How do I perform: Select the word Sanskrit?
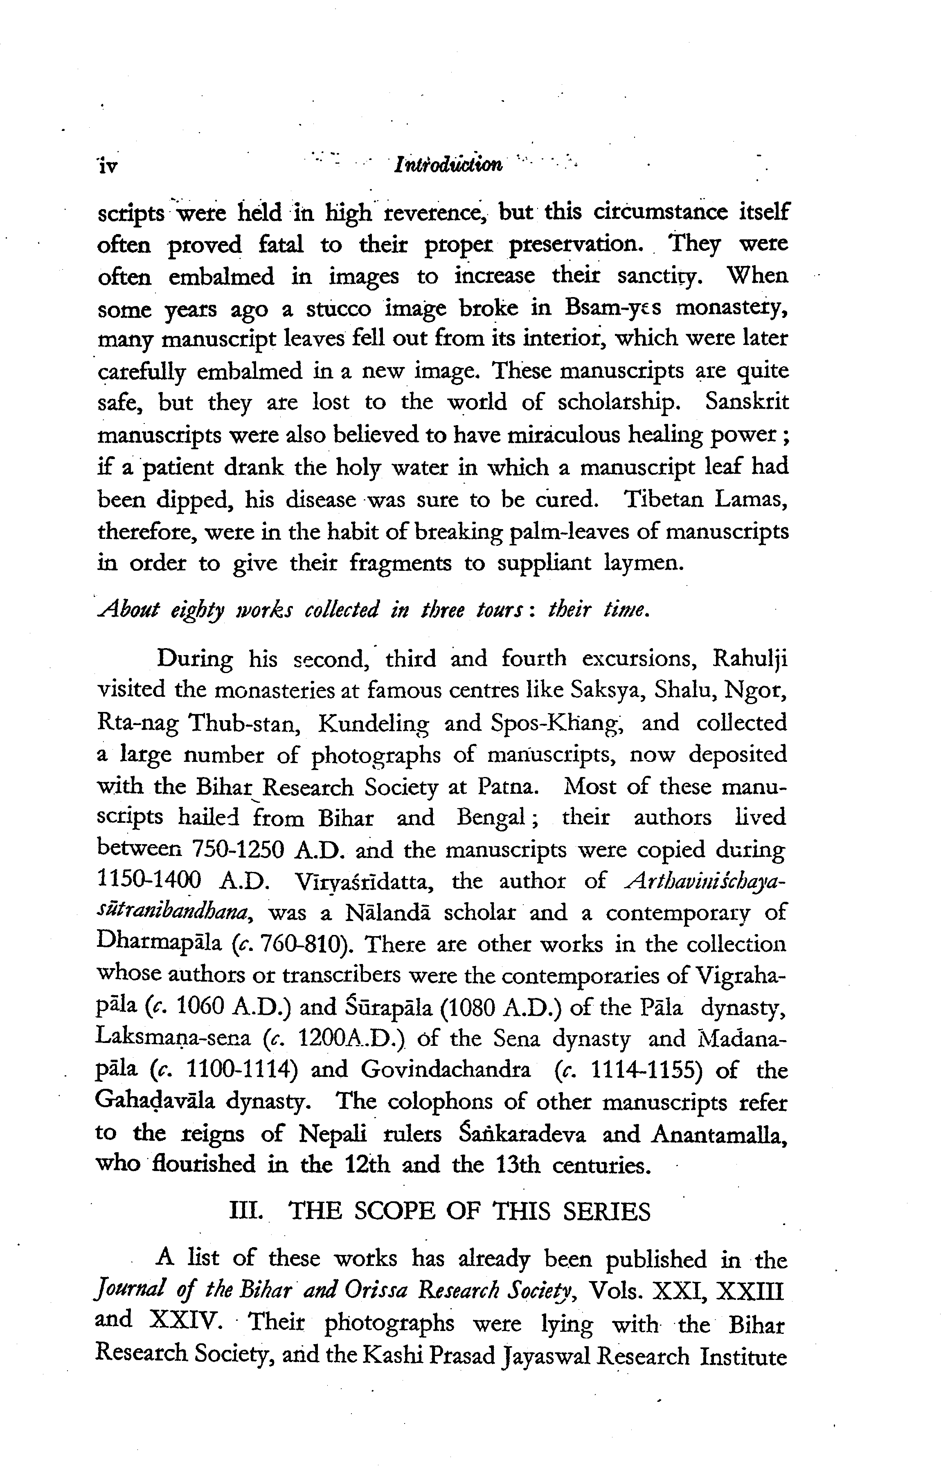pyautogui.click(x=746, y=402)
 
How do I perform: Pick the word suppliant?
pyautogui.click(x=544, y=562)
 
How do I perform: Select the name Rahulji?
pyautogui.click(x=750, y=660)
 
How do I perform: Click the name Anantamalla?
pyautogui.click(x=719, y=1134)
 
